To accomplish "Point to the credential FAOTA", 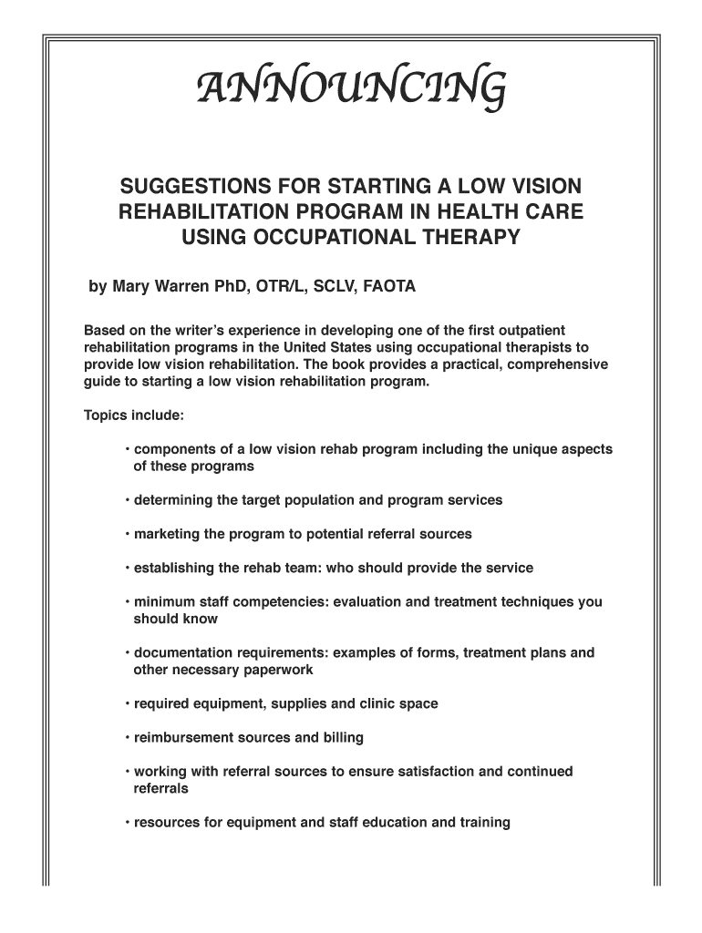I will click(x=389, y=287).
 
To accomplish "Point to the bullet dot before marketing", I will click(x=128, y=535).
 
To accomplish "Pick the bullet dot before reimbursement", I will click(x=128, y=738).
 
